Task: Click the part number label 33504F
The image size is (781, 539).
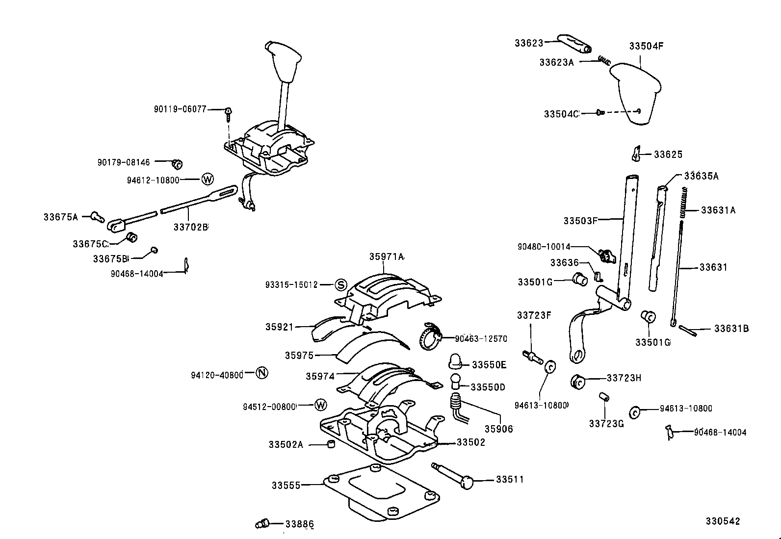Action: (646, 46)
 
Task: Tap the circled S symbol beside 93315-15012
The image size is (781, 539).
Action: (341, 285)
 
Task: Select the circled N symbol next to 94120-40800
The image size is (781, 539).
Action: (262, 373)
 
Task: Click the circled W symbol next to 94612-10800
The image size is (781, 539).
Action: (208, 180)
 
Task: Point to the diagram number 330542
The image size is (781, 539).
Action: (723, 521)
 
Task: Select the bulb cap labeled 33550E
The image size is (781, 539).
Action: (456, 361)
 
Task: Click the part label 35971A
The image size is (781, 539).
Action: (387, 257)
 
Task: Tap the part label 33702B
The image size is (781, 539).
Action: (190, 227)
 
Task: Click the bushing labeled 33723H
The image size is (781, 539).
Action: (579, 381)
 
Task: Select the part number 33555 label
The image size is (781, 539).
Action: (286, 486)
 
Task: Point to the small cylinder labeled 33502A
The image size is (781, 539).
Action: (331, 445)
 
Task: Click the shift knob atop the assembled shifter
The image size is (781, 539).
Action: (284, 61)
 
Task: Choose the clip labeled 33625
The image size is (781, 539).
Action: (636, 154)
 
